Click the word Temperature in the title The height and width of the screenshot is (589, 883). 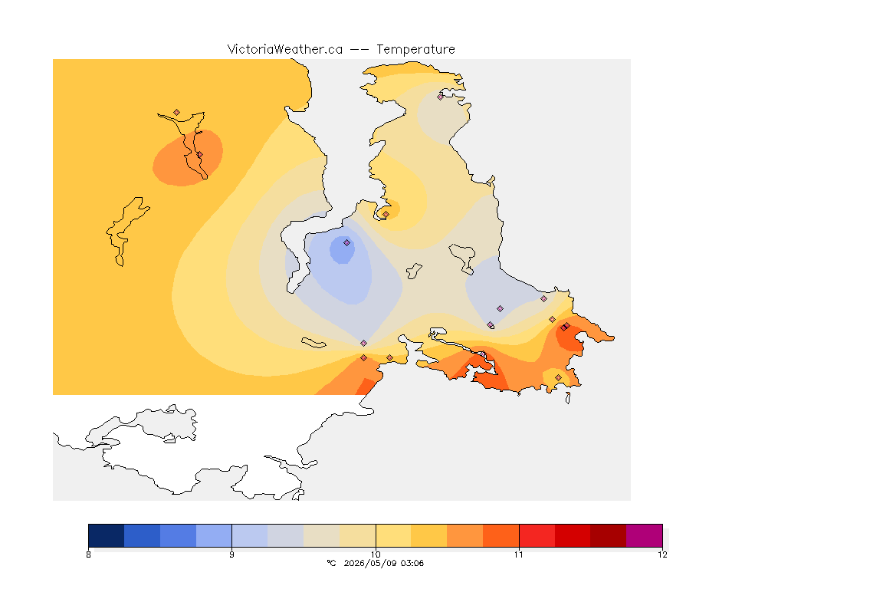click(415, 50)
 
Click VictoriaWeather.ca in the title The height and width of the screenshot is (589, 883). click(285, 50)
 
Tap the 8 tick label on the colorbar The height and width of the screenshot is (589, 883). click(88, 554)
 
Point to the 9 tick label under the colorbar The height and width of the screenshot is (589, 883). click(232, 554)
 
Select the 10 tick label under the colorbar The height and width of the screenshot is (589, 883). click(376, 554)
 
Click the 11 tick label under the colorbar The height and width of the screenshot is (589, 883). click(519, 554)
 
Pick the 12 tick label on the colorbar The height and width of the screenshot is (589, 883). click(662, 554)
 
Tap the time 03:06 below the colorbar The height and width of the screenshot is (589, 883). click(412, 563)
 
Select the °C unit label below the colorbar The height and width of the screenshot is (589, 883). click(331, 563)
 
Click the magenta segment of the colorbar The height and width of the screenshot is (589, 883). click(644, 535)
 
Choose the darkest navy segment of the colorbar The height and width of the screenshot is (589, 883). click(107, 535)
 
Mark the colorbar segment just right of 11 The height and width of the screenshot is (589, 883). click(537, 535)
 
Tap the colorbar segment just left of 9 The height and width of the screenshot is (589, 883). click(214, 535)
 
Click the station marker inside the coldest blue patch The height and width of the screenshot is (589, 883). click(347, 243)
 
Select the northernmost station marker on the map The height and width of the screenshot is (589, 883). click(441, 97)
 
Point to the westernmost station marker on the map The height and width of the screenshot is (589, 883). click(177, 113)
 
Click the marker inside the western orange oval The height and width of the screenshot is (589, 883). click(199, 154)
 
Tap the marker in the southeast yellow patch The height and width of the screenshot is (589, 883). click(558, 377)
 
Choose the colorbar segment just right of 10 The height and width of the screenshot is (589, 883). click(393, 535)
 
